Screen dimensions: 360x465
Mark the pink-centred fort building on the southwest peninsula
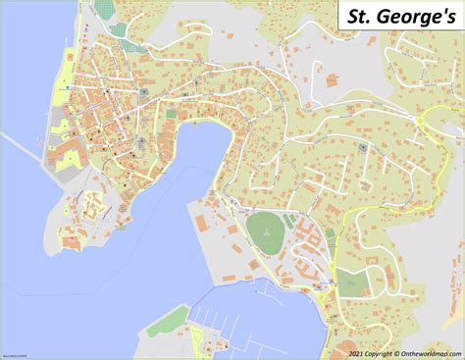click(x=72, y=239)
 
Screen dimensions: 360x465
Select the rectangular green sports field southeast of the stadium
click(x=354, y=283)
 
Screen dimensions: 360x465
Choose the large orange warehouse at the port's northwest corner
click(x=204, y=224)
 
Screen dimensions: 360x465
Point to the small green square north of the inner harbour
click(x=171, y=114)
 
